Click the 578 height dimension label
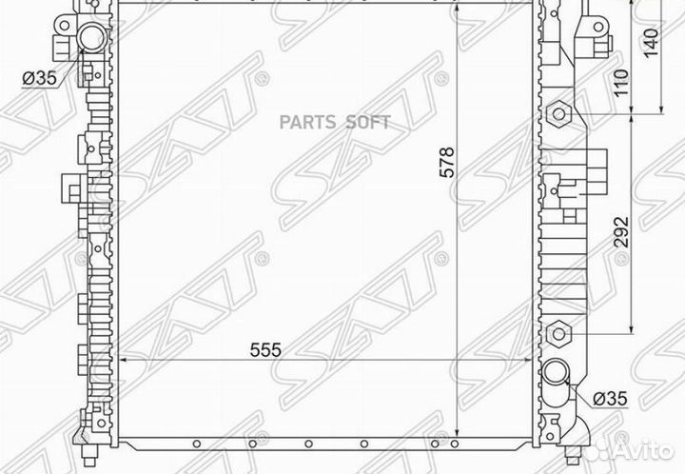446,163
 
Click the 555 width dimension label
265,350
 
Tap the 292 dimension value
621,232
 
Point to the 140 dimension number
651,43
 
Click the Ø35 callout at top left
40,78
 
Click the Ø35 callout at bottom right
610,399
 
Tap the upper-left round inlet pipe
92,37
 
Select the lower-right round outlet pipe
556,372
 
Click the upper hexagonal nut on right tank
558,114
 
